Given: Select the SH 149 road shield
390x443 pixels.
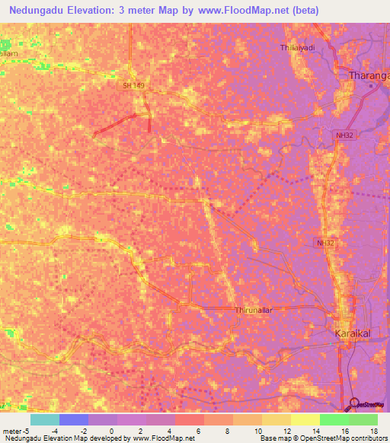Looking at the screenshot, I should (x=133, y=86).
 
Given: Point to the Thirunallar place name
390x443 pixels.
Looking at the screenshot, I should (x=254, y=311).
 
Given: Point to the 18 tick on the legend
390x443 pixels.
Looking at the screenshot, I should (x=373, y=430).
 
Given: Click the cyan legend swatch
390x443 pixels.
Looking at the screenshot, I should (x=45, y=419).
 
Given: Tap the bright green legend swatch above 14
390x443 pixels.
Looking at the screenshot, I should (x=334, y=419).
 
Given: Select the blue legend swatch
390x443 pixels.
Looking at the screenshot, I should (x=74, y=419).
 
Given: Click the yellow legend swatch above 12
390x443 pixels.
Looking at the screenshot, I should (x=276, y=419).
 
